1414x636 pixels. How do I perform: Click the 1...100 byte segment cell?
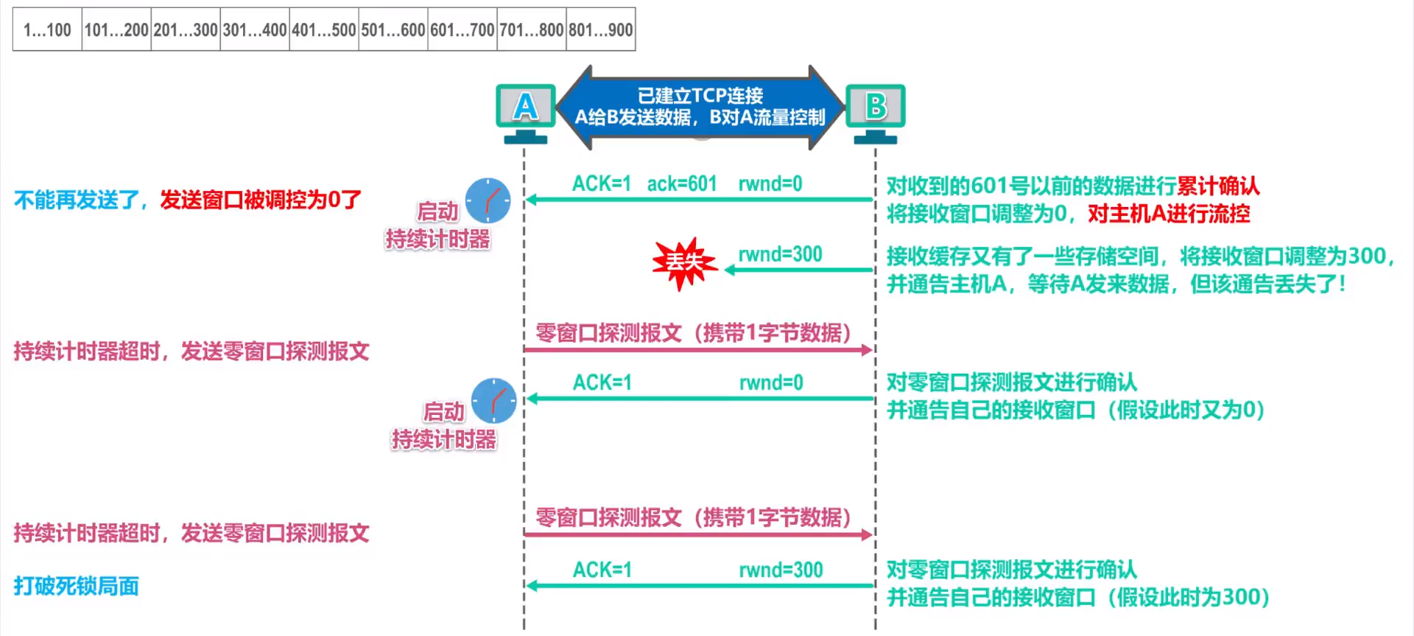click(47, 30)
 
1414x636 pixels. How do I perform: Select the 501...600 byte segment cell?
click(393, 30)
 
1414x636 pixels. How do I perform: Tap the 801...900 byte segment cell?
click(601, 30)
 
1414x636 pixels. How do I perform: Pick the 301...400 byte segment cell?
click(255, 30)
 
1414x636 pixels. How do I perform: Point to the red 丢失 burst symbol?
click(684, 262)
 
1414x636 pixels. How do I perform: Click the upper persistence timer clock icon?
click(488, 200)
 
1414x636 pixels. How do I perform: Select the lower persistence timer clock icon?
click(493, 401)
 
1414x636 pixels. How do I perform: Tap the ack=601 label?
click(682, 184)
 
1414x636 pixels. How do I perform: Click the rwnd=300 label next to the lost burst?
click(780, 254)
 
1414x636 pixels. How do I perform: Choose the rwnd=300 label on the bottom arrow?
click(781, 570)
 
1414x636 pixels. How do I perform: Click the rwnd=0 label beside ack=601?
click(770, 184)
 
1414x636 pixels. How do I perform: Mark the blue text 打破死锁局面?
click(77, 586)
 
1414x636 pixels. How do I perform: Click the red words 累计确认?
click(1218, 186)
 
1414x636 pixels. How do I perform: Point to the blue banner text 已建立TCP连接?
click(700, 96)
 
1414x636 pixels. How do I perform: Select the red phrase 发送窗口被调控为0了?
click(261, 200)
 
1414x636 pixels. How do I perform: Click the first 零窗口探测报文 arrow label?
click(693, 333)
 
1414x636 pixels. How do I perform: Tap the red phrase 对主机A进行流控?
click(1169, 214)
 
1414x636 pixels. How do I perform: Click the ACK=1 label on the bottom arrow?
click(602, 570)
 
